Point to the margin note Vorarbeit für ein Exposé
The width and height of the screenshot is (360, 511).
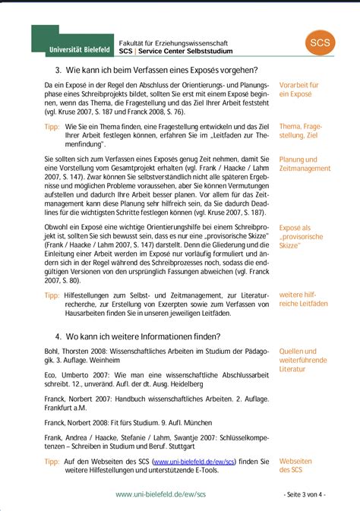(298, 89)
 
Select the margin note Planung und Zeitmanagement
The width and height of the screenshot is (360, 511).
(305, 164)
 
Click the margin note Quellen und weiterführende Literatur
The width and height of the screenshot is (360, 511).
(298, 361)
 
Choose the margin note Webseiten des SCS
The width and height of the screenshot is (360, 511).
(295, 465)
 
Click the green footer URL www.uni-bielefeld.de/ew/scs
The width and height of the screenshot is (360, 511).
(160, 494)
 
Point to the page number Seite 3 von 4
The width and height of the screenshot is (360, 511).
(306, 494)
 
